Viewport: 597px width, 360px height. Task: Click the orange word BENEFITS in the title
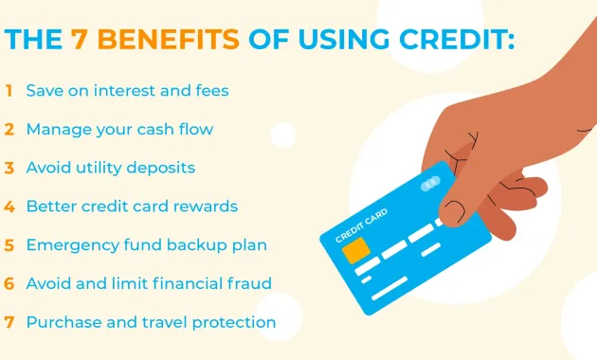[168, 41]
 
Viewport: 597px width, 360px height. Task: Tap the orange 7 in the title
[81, 41]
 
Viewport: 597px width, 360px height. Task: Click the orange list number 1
[9, 91]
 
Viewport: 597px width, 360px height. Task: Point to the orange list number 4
[9, 207]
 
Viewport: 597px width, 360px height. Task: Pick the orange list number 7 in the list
[9, 322]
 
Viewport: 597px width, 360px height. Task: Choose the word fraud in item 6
[244, 283]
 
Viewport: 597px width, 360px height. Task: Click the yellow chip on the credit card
[355, 252]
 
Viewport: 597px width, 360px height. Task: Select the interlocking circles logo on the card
[430, 182]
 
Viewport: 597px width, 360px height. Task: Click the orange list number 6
[9, 283]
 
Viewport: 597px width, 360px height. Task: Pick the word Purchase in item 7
[61, 322]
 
